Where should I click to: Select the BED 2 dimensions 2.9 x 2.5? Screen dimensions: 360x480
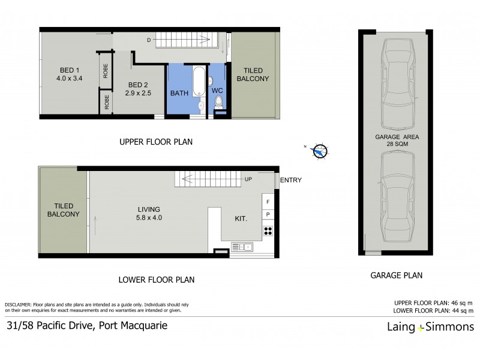point(137,94)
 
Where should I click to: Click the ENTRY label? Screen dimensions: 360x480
point(291,180)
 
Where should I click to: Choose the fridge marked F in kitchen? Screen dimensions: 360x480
point(268,202)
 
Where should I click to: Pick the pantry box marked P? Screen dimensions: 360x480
point(268,215)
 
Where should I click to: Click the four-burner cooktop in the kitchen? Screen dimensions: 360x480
point(268,230)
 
